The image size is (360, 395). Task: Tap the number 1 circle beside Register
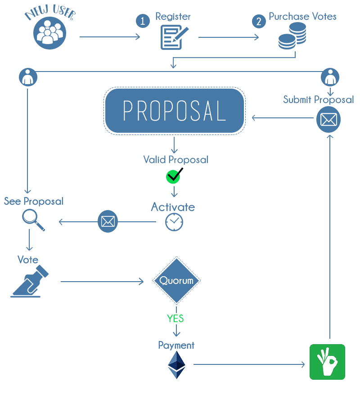pyautogui.click(x=143, y=21)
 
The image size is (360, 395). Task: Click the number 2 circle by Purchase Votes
pyautogui.click(x=258, y=21)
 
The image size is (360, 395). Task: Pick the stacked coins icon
pyautogui.click(x=292, y=36)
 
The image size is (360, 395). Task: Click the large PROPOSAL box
pyautogui.click(x=175, y=111)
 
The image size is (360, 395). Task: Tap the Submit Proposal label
pyautogui.click(x=318, y=99)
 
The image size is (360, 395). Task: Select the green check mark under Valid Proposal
pyautogui.click(x=174, y=176)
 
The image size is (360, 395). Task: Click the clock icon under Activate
pyautogui.click(x=174, y=222)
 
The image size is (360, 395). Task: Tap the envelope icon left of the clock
pyautogui.click(x=108, y=221)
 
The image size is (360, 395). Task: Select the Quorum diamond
pyautogui.click(x=176, y=281)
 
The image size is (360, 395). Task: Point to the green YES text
pyautogui.click(x=175, y=319)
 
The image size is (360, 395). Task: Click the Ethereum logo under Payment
pyautogui.click(x=176, y=365)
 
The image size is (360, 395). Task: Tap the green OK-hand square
pyautogui.click(x=327, y=362)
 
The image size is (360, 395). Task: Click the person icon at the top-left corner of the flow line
pyautogui.click(x=28, y=77)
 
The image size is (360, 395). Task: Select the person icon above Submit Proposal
pyautogui.click(x=330, y=77)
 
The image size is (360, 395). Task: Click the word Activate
pyautogui.click(x=173, y=207)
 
